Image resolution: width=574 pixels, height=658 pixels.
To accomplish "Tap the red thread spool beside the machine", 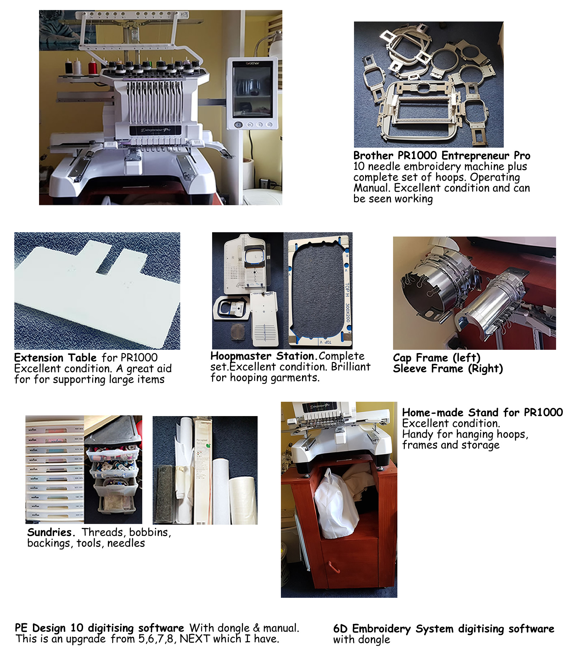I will (x=94, y=66).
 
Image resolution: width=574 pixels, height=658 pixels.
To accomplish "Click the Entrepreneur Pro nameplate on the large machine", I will (x=155, y=130).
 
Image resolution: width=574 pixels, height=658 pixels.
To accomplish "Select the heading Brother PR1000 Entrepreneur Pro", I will (x=441, y=156).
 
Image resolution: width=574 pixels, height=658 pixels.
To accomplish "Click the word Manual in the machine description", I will (x=370, y=188).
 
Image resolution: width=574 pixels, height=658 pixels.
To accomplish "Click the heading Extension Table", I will (x=55, y=358).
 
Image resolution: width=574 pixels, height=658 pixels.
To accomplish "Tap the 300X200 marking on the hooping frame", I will (x=347, y=313).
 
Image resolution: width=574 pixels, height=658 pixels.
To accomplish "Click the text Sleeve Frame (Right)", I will (x=448, y=368).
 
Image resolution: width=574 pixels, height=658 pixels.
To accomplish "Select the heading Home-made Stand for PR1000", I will (x=482, y=412).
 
